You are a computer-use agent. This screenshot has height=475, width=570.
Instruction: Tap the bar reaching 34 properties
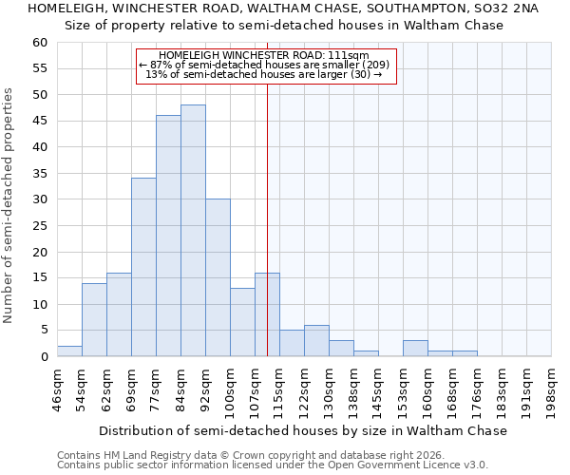tap(143, 267)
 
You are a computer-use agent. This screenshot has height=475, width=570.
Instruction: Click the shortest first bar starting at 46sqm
tap(69, 351)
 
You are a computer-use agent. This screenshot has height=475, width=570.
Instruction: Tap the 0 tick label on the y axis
tap(44, 357)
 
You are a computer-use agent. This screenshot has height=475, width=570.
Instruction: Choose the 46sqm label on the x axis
tap(58, 389)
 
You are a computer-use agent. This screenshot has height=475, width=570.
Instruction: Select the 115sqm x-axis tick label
tap(280, 389)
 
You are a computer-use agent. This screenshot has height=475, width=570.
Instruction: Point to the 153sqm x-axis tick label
tap(404, 389)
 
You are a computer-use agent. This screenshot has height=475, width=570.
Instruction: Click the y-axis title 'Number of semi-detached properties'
tap(9, 205)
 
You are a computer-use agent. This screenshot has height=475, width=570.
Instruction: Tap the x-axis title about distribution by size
tap(303, 430)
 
